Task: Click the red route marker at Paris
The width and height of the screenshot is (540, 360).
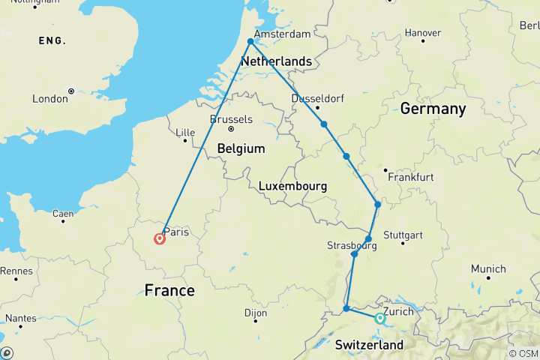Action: (160, 239)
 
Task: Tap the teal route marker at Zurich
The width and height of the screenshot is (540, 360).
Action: (379, 319)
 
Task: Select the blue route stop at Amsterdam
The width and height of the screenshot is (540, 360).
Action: (250, 42)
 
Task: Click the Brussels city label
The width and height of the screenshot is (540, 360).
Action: (232, 119)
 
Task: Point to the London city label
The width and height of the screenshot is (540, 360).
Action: (50, 98)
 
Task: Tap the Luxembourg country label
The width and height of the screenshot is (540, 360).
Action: (292, 185)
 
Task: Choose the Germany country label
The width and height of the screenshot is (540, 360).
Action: (433, 109)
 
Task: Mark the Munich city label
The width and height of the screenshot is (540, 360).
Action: (488, 268)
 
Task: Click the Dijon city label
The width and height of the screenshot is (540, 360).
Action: (256, 313)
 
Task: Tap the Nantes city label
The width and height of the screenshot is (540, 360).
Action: (21, 318)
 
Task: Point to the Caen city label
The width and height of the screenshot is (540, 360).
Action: (62, 214)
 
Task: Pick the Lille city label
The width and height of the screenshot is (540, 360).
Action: (184, 133)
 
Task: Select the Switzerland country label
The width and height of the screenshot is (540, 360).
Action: (368, 345)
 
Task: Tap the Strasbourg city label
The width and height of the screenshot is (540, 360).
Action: (351, 245)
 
